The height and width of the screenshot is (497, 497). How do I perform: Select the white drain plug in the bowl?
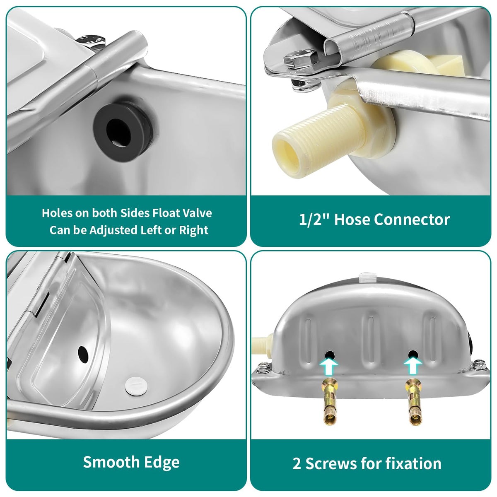click(x=136, y=386)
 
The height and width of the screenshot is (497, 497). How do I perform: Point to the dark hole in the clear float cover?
click(x=83, y=355)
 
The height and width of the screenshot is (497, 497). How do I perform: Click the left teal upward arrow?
click(x=329, y=367)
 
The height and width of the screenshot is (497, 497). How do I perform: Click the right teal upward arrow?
click(x=413, y=367)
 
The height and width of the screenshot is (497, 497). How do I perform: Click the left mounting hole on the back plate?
click(x=329, y=355)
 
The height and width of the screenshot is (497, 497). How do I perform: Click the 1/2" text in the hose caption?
click(x=314, y=220)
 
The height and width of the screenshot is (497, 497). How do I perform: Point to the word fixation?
click(x=413, y=463)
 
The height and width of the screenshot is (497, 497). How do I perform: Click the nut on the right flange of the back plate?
click(x=479, y=365)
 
